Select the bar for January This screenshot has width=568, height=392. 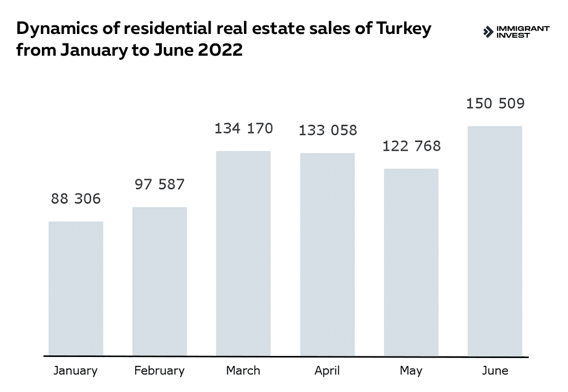tap(76, 289)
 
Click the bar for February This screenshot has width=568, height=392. tap(159, 281)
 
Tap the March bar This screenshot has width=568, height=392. tap(243, 254)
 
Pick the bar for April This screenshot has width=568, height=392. tap(327, 255)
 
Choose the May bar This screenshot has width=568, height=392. tap(411, 263)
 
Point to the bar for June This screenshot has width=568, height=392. tap(495, 241)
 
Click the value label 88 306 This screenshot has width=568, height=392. tap(76, 199)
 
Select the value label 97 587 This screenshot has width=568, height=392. tap(159, 185)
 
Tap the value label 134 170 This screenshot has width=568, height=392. tap(243, 128)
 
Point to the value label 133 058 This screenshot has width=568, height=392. tap(328, 130)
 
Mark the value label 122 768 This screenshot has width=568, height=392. tap(412, 146)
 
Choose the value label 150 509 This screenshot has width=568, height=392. tap(495, 103)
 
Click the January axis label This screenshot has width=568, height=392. tap(75, 370)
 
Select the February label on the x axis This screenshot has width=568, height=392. tap(159, 370)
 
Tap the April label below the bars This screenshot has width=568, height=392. tap(327, 370)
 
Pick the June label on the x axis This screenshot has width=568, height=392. tap(495, 370)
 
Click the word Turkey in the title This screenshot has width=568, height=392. tap(404, 29)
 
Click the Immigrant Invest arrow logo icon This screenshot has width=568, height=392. tap(488, 32)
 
